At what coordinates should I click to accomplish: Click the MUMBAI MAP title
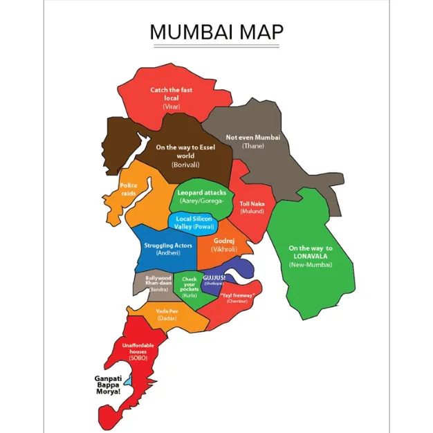pyautogui.click(x=216, y=33)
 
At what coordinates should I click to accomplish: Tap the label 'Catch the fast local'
pyautogui.click(x=171, y=94)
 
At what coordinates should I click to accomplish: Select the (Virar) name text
pyautogui.click(x=171, y=107)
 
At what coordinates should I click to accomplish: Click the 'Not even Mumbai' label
pyautogui.click(x=253, y=138)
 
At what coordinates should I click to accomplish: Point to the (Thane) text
pyautogui.click(x=253, y=147)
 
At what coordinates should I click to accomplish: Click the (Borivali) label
pyautogui.click(x=186, y=165)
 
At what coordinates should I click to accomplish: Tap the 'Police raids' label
pyautogui.click(x=129, y=190)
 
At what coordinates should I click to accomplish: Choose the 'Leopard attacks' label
pyautogui.click(x=202, y=192)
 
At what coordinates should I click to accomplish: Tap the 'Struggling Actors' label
pyautogui.click(x=168, y=246)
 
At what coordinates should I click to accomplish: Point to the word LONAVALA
pyautogui.click(x=311, y=256)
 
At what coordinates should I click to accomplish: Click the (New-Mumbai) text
pyautogui.click(x=311, y=265)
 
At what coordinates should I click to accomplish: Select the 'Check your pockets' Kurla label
pyautogui.click(x=190, y=284)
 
